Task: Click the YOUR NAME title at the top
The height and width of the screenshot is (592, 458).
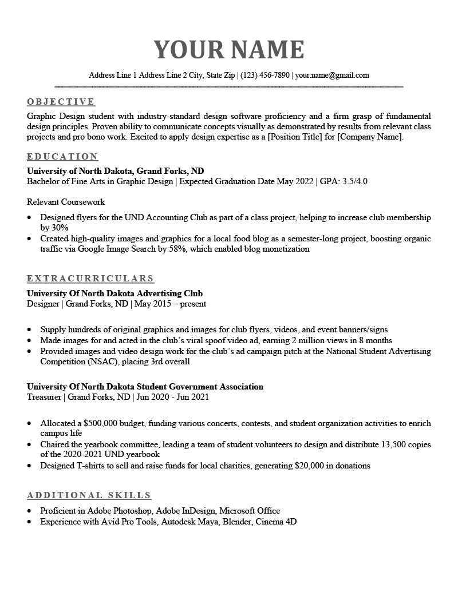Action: coord(229,50)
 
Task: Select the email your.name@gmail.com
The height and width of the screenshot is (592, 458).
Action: coord(332,75)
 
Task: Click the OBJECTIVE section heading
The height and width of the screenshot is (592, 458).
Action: coord(61,102)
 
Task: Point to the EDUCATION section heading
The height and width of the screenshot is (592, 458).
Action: coord(62,157)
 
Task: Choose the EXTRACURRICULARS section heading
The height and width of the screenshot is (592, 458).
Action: coord(90,279)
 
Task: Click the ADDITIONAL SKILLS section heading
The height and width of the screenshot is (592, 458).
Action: coord(89,495)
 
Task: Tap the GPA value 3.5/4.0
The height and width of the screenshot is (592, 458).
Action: coord(354,181)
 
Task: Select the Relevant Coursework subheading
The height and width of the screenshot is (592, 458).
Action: coord(66,202)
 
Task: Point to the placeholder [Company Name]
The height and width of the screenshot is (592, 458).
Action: coord(371,137)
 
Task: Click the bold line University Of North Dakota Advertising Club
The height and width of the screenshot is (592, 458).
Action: coord(114,293)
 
